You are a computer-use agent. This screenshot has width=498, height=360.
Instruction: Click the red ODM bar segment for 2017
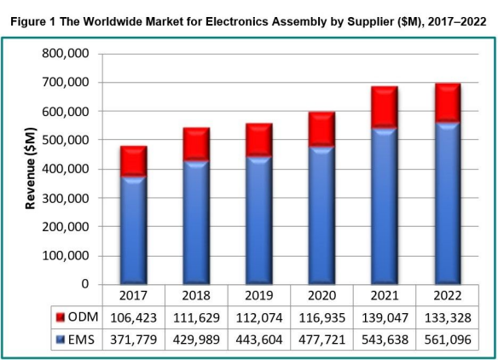(x=133, y=161)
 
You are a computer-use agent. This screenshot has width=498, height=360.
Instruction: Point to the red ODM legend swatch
(x=60, y=318)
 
